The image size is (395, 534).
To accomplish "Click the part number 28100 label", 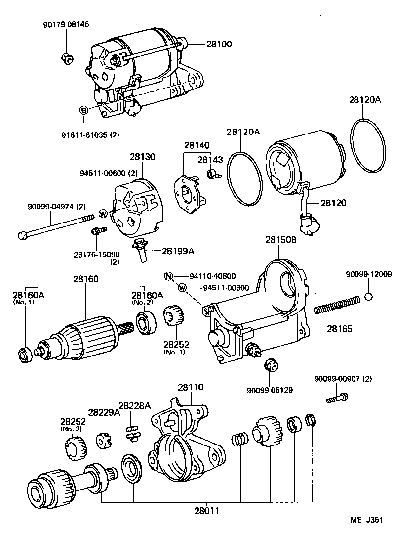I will [218, 44].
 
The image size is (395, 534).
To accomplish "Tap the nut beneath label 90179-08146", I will [68, 58].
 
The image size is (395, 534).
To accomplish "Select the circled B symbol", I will [83, 110].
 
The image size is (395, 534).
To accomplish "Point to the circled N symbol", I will [168, 276].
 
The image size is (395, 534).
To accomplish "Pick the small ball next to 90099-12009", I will [368, 297].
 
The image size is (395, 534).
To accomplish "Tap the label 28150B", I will [280, 240].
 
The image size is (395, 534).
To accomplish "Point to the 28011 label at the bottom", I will [206, 509].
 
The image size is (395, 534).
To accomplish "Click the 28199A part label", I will [178, 251].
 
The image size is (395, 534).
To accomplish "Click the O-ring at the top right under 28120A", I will [368, 145].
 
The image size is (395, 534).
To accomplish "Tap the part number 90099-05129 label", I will [270, 390].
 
